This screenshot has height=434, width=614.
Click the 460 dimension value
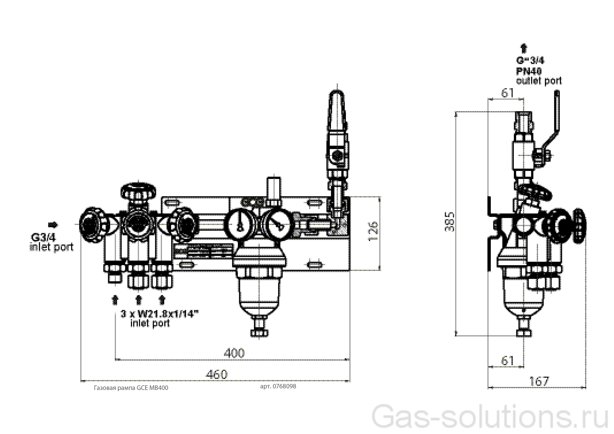[x=217, y=374]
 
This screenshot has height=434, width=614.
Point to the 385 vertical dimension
[x=449, y=222]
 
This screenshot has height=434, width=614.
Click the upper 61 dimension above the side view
[x=507, y=93]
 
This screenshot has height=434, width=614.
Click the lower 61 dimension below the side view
[x=507, y=361]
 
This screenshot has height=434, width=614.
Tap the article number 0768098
[x=278, y=386]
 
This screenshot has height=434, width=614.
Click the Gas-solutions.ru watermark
[x=489, y=418]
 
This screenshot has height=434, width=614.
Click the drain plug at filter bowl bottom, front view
[x=259, y=332]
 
